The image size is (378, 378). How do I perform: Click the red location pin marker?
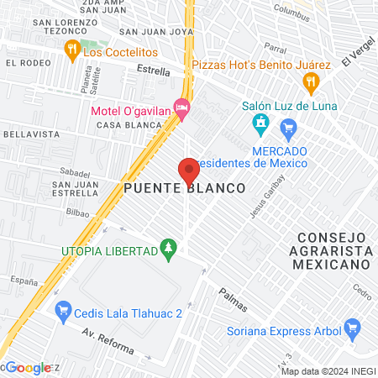[x=189, y=171]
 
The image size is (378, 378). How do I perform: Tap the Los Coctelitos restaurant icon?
[x=73, y=50]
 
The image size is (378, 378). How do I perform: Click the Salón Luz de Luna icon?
[x=260, y=126]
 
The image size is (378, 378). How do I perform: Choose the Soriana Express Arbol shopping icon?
[x=353, y=327]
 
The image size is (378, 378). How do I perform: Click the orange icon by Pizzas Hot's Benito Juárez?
[x=311, y=81]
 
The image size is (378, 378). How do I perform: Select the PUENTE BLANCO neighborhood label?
[x=185, y=189]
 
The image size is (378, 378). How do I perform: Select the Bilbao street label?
[x=76, y=213]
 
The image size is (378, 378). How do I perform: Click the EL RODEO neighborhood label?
[x=24, y=63]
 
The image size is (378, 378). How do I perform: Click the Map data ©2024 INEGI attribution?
[x=328, y=371]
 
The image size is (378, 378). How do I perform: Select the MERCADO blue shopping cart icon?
[x=289, y=129]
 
